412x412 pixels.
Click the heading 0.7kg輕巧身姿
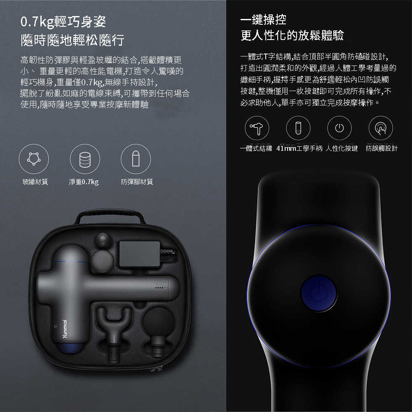63,22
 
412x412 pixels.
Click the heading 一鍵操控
263,19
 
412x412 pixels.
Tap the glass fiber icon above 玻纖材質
34,159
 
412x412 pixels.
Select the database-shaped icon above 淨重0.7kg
85,159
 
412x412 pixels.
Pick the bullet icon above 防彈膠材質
136,159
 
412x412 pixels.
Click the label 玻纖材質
35,182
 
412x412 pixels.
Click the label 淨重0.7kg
84,182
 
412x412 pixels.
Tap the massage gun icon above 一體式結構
257,128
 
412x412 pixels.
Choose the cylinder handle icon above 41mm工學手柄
298,128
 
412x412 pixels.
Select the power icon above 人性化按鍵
339,128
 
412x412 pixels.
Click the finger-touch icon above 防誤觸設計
381,128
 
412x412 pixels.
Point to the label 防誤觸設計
382,148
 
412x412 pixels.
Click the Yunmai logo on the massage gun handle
65,329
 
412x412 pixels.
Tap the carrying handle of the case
110,216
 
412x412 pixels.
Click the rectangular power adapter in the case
140,254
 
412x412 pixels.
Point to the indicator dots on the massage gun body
159,288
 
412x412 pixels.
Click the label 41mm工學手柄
299,148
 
